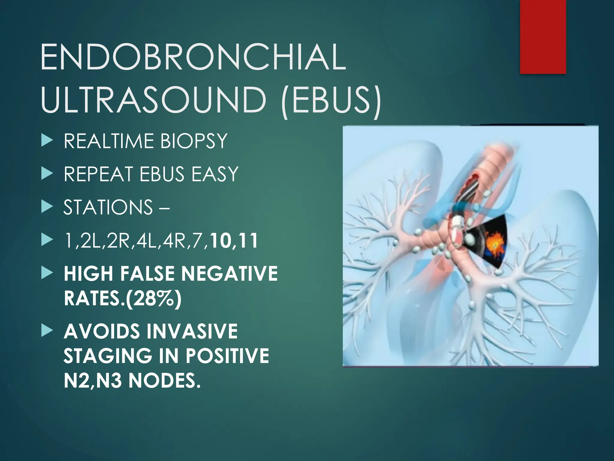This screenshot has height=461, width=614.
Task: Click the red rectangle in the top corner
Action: click(x=543, y=36)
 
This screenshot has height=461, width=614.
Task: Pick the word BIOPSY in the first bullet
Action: click(x=193, y=141)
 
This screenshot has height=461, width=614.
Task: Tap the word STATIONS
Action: click(x=108, y=207)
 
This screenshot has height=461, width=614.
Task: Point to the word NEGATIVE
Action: click(x=229, y=274)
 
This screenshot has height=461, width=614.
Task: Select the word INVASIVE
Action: click(x=192, y=331)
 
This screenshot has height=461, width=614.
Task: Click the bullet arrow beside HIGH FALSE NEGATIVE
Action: click(x=47, y=273)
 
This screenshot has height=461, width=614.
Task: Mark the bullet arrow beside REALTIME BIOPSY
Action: click(x=47, y=141)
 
